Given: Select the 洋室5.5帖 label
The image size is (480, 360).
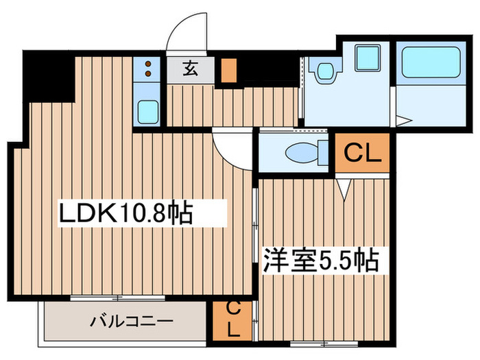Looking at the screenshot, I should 321,261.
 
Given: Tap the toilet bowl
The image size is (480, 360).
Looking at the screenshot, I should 302,152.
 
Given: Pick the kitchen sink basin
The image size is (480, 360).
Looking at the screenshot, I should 147,110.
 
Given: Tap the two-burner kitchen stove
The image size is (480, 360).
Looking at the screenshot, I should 147,69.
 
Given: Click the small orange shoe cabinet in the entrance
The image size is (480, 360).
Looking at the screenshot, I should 228,71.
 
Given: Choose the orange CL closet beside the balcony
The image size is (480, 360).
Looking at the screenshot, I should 232,320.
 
